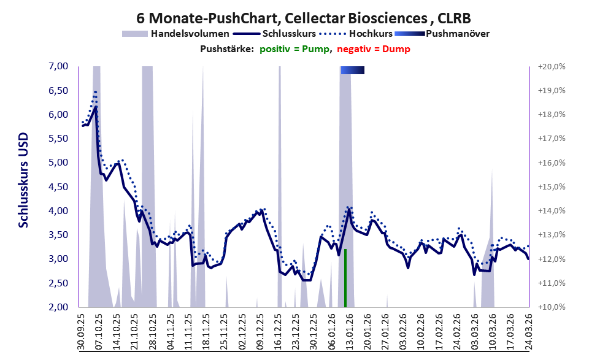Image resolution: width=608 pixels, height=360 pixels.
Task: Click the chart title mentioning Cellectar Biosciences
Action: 304,18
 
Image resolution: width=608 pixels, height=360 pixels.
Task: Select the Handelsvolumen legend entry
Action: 175,34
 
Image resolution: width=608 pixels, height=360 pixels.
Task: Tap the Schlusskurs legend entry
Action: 274,34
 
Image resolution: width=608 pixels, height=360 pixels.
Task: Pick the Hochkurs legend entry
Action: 356,34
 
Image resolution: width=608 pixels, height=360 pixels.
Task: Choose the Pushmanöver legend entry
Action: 442,34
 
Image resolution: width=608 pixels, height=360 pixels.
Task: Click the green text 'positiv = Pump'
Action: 294,49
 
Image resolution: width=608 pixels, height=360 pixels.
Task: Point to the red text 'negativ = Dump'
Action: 374,49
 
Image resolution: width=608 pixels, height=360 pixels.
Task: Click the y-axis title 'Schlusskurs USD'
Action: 24,180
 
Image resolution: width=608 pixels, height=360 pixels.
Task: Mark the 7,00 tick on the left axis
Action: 58,66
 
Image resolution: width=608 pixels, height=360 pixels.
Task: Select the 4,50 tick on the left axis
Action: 58,187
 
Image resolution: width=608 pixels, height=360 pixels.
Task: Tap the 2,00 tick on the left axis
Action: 58,307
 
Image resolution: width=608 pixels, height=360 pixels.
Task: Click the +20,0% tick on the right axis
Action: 552,67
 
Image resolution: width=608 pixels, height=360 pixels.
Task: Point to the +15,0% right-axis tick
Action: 552,187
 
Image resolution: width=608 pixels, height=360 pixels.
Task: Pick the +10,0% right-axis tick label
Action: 552,307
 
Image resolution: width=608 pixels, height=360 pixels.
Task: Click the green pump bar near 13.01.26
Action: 345,278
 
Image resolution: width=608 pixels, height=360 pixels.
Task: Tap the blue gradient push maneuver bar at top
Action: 353,70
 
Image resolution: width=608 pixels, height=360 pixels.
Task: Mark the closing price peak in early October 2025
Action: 96,106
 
